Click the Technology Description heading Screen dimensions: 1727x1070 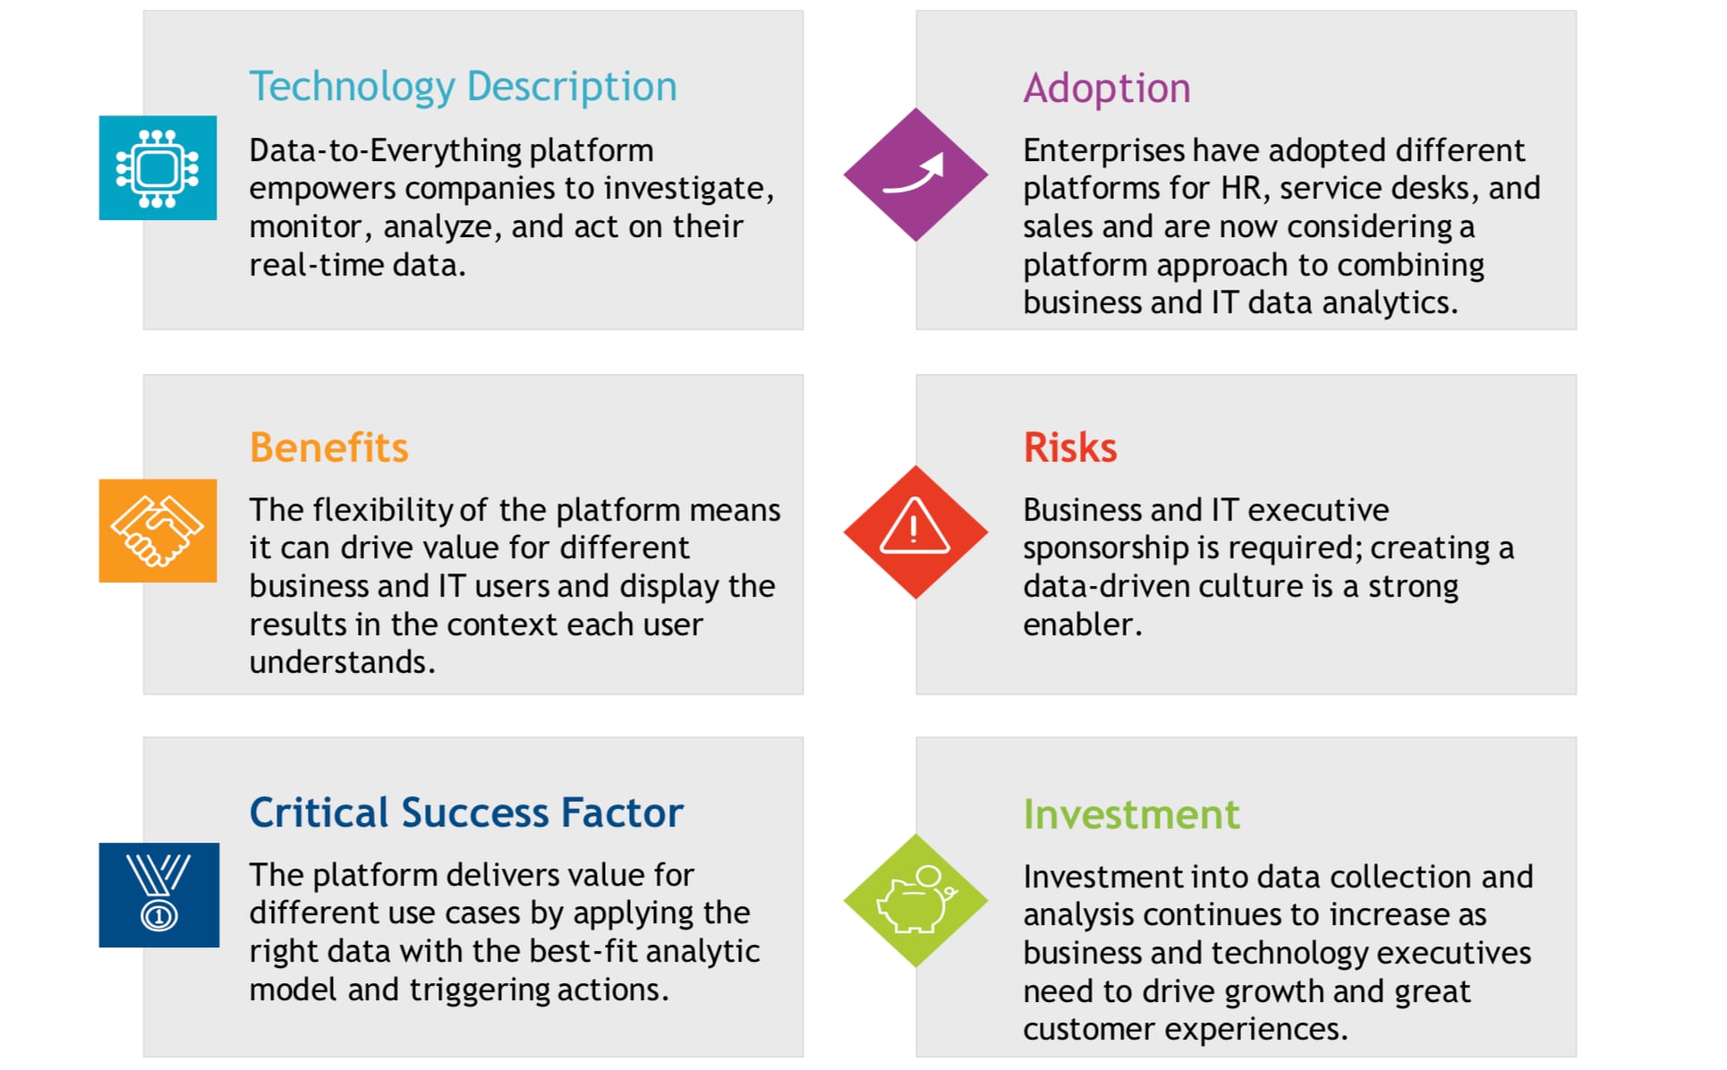point(463,88)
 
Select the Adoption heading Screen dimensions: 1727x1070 point(1107,89)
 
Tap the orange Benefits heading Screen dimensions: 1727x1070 point(328,447)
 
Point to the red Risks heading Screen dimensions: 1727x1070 point(1070,447)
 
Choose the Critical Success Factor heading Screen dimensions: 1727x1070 point(466,812)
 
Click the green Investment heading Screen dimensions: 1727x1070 point(1131,814)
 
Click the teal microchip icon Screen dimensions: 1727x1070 point(157,168)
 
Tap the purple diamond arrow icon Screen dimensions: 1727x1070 point(915,174)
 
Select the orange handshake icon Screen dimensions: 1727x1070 point(157,531)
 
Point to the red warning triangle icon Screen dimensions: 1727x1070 point(915,532)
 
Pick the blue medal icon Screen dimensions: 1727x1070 point(158,895)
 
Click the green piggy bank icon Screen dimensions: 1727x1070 point(915,901)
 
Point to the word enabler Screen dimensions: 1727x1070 point(1083,624)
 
